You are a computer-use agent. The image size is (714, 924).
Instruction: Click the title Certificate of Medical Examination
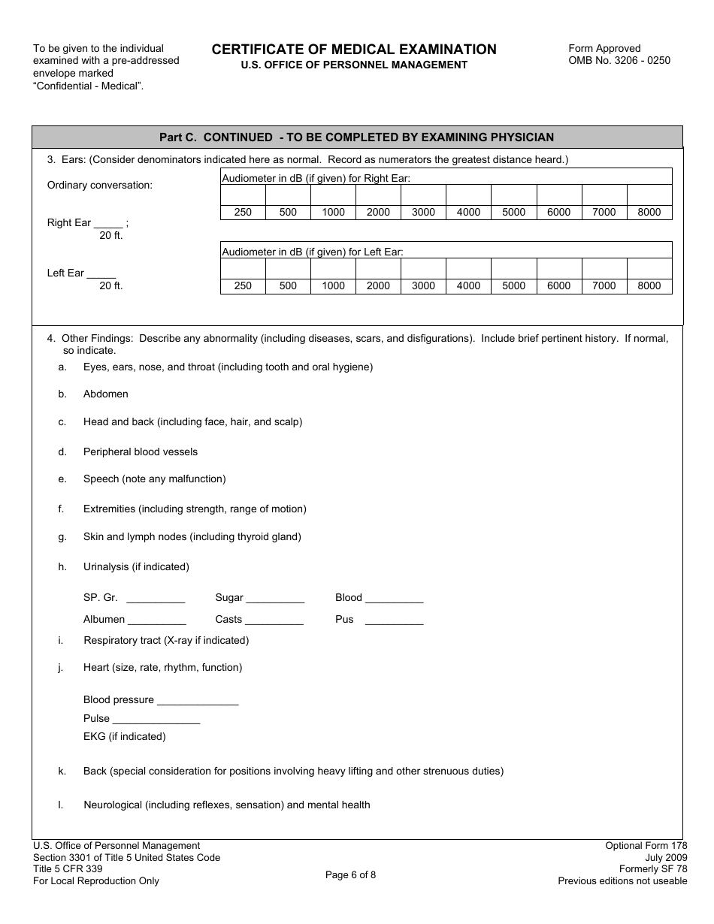coord(354,50)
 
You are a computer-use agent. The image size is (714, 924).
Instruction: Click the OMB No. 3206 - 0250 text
coord(619,61)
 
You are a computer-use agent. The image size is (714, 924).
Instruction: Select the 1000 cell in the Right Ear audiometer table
coord(333,213)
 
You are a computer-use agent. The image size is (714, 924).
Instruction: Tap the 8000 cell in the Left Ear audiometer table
coord(649,286)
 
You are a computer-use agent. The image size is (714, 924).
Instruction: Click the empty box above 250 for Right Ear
coord(243,195)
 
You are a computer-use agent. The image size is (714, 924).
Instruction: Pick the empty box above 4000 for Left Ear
coord(468,268)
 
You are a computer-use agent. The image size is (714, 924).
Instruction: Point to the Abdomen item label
coord(106,394)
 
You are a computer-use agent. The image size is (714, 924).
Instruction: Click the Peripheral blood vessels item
coord(141,452)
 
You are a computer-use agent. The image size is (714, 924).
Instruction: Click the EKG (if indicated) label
coord(125,737)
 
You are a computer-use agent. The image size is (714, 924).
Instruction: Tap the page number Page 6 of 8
coord(350,874)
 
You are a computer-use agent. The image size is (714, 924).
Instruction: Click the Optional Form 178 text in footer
coord(646,846)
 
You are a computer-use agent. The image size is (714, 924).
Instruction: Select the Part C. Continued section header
coord(356,137)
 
